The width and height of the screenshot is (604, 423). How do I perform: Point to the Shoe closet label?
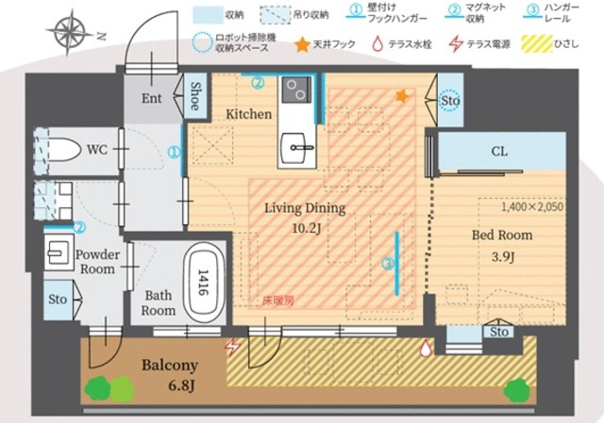[x=195, y=97]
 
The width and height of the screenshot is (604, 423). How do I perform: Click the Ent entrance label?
[x=152, y=98]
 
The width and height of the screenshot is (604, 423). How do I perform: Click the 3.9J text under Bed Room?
[x=501, y=253]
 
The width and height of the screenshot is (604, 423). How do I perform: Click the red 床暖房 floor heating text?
[x=278, y=301]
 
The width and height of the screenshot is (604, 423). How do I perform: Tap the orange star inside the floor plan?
[x=402, y=96]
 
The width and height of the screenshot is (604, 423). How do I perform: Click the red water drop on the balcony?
[x=427, y=349]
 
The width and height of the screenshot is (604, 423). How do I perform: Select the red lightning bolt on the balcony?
[x=232, y=348]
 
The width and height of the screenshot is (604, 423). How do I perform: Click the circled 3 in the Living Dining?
[x=386, y=265]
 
